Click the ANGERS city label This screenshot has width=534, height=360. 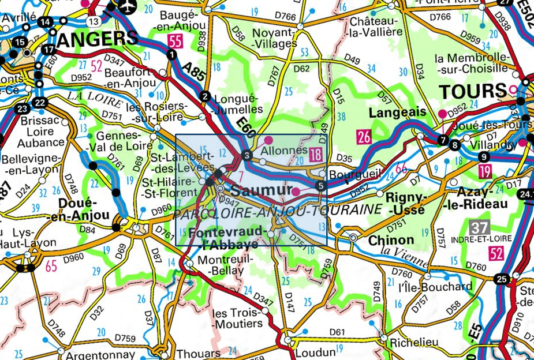click(99, 39)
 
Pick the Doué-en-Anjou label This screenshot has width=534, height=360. click(84, 209)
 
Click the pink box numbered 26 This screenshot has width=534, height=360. click(364, 137)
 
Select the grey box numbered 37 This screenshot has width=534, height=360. click(479, 227)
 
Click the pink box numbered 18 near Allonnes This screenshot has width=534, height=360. click(315, 153)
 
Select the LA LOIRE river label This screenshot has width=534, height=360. click(94, 99)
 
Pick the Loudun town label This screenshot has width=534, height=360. click(315, 352)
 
